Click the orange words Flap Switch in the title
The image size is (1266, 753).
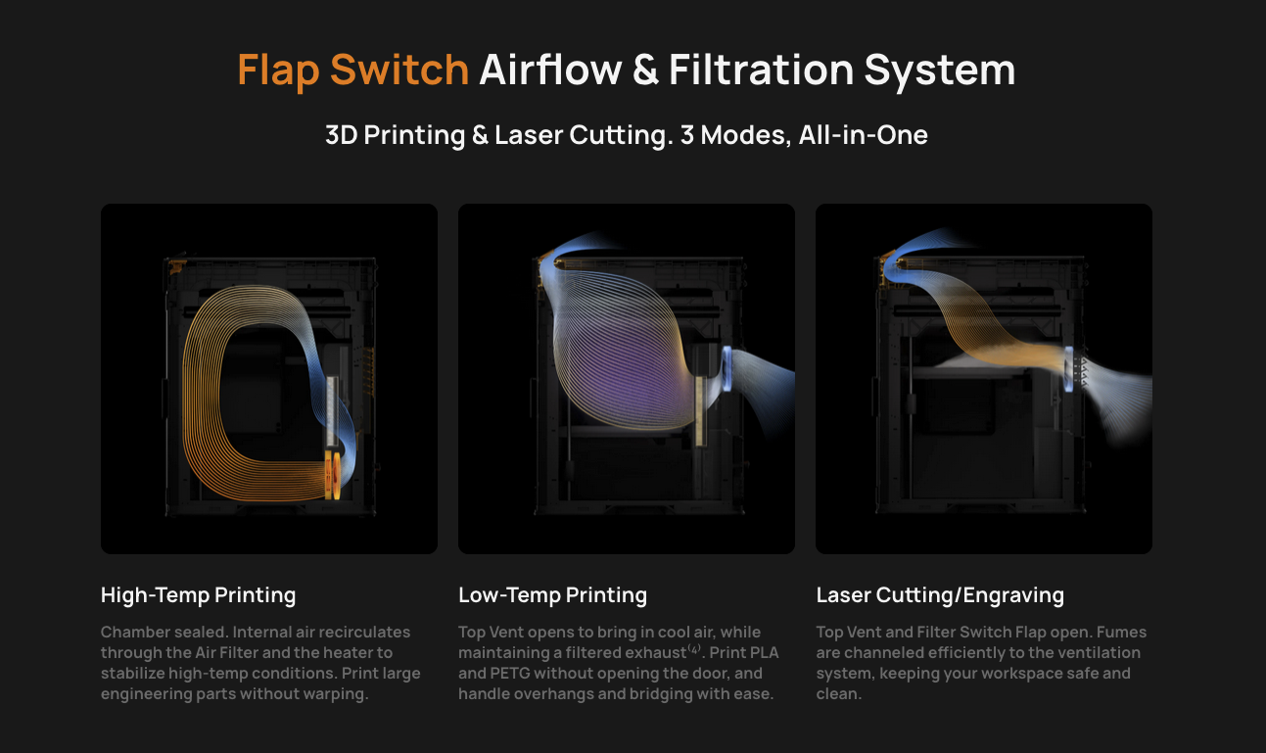[352, 71]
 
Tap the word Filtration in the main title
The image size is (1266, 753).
[762, 70]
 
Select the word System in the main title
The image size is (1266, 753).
[939, 71]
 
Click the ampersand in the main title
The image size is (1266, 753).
[645, 70]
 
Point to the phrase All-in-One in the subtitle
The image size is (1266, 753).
[863, 135]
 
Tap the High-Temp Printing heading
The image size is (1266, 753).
[199, 595]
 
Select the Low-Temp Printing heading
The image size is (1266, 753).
[553, 595]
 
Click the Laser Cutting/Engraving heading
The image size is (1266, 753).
[940, 595]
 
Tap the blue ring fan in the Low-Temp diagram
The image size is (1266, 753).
[727, 368]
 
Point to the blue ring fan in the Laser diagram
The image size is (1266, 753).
[1068, 368]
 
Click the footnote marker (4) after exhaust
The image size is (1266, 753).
[694, 648]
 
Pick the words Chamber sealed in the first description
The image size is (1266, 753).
[164, 632]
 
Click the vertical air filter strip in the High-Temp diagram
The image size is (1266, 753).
[332, 410]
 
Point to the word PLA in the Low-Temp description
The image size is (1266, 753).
[763, 653]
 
